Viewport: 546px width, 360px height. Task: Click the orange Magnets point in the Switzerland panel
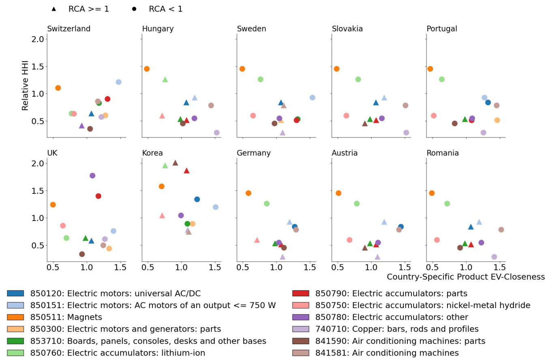[x=58, y=88]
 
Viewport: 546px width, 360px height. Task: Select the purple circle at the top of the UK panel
[x=92, y=176]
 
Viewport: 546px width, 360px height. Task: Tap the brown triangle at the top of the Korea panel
[x=175, y=163]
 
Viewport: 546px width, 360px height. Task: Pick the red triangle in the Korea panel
[x=186, y=171]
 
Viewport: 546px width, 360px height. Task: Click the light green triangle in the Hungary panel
[x=165, y=79]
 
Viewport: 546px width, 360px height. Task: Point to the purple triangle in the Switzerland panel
[x=81, y=126]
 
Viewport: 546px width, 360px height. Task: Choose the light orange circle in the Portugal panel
[x=497, y=120]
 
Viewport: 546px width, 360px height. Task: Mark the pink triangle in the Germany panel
[x=257, y=240]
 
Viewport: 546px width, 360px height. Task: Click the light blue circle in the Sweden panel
[x=312, y=98]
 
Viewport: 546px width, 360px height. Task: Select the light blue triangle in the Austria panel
[x=384, y=222]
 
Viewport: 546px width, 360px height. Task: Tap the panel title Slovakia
[x=347, y=29]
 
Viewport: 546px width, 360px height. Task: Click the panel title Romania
[x=443, y=153]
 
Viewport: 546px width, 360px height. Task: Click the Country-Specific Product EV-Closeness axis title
[x=466, y=277]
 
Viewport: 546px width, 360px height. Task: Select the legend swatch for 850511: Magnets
[x=15, y=317]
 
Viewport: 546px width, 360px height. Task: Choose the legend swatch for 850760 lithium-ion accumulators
[x=15, y=353]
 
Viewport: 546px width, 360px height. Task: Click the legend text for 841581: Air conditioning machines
[x=387, y=353]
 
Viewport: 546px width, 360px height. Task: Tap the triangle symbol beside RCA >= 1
[x=54, y=9]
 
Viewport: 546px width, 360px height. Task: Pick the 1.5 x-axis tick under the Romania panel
[x=500, y=268]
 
